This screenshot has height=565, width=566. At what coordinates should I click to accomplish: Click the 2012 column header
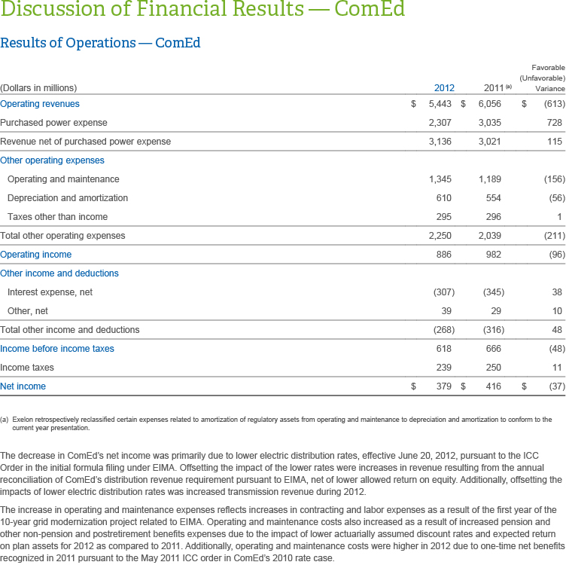444,87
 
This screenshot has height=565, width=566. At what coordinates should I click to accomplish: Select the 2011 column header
493,87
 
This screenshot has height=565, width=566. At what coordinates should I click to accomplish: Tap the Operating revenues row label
40,104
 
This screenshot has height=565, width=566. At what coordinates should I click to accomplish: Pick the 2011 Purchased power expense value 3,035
489,122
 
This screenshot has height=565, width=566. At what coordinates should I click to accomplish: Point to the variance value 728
554,122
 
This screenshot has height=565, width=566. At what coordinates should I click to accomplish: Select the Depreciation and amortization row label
68,198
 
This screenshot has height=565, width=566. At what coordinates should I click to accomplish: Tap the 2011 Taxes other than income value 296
493,217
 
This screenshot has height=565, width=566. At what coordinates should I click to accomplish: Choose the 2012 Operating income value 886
443,255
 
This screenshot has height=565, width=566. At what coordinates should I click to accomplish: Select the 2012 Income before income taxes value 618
443,349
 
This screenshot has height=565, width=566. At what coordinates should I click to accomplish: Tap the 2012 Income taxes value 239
443,368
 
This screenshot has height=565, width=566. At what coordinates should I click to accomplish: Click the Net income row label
23,386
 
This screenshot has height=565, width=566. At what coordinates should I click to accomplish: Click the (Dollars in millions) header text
38,88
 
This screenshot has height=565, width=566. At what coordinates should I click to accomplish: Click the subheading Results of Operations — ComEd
100,43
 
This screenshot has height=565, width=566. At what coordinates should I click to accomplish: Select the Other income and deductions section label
59,273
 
